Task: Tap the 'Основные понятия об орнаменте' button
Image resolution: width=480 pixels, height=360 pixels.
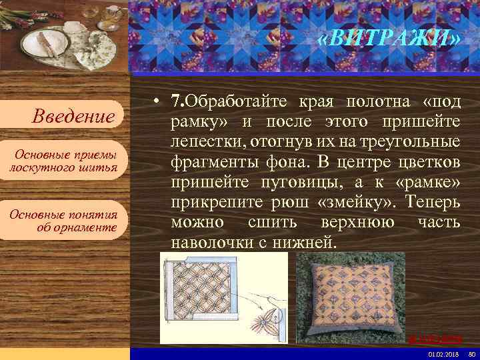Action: coord(63,221)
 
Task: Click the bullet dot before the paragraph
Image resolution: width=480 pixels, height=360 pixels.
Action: coord(155,103)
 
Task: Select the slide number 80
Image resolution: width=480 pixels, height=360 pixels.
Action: coord(472,353)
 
